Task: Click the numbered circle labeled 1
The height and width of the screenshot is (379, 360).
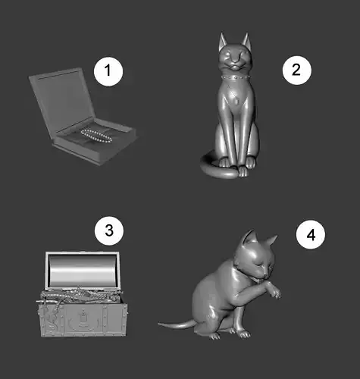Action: pos(108,70)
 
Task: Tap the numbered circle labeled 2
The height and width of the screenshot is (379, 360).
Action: pos(297,70)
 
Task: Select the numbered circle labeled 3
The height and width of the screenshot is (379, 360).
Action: pos(109,230)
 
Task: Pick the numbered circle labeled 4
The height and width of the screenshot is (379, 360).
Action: pos(311,234)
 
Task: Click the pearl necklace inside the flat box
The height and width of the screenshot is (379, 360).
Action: pos(96,135)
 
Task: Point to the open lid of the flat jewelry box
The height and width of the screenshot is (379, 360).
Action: pos(61,99)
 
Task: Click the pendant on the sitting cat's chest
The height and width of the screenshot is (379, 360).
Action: pos(236,102)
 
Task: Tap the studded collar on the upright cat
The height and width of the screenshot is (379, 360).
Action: pos(236,77)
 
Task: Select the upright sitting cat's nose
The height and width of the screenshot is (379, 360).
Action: pos(236,61)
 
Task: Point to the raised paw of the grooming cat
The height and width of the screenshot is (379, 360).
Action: pos(274,290)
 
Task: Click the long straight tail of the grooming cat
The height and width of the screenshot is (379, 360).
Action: pos(177,324)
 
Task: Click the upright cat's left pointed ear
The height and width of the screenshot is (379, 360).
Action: pos(223,41)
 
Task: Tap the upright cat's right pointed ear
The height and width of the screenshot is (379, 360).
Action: pos(246,41)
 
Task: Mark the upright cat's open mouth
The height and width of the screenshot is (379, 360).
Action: pos(235,67)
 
